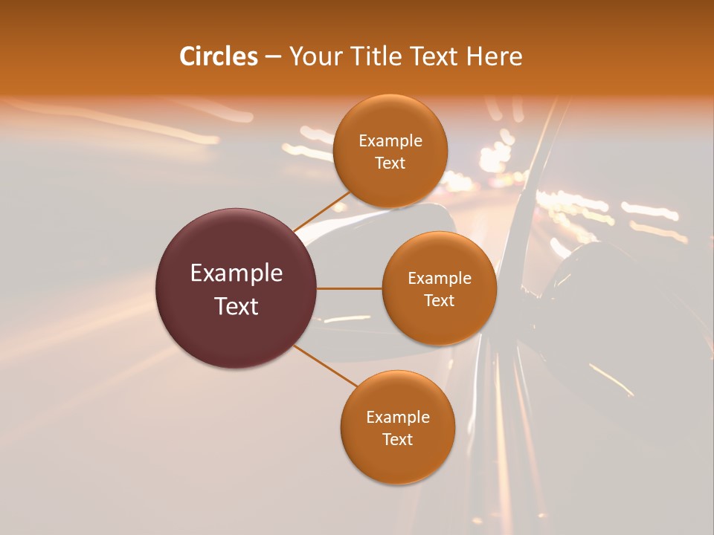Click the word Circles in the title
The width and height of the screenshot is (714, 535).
[x=219, y=56]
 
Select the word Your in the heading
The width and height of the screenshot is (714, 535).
[x=312, y=56]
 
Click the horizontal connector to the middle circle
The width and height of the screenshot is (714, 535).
[x=350, y=288]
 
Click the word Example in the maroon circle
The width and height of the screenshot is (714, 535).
[x=237, y=273]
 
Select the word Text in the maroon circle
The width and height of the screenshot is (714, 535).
[x=237, y=306]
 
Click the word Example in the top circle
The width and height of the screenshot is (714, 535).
[x=390, y=141]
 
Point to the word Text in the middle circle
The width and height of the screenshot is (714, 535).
[x=439, y=300]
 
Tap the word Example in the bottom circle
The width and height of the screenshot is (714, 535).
[x=398, y=417]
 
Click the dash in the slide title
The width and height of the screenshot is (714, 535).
[x=273, y=57]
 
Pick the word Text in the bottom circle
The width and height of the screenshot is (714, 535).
[x=397, y=439]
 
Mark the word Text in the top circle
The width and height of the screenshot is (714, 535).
[x=390, y=163]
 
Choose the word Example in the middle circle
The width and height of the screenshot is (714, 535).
[x=440, y=278]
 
